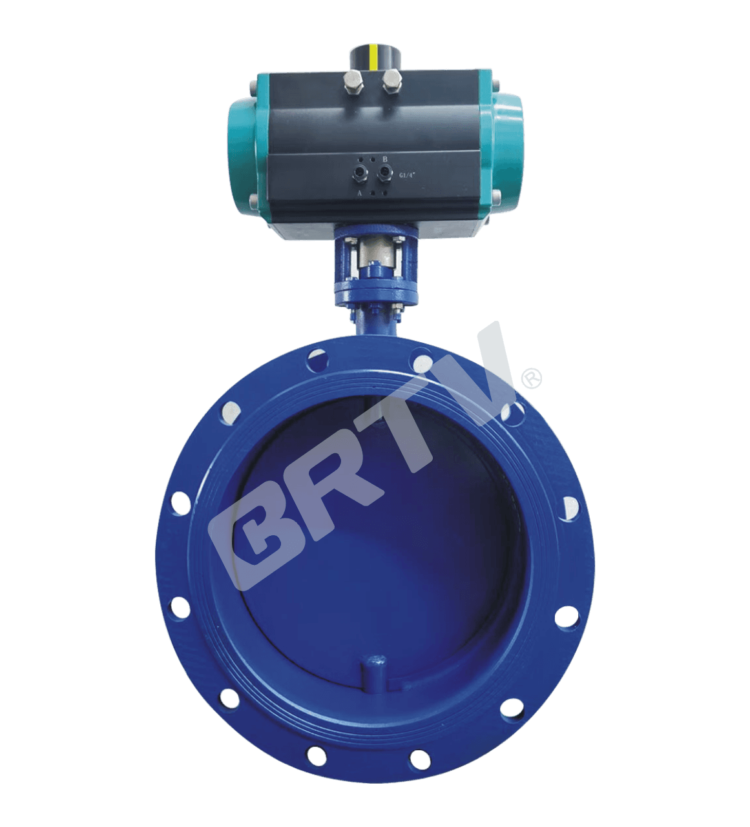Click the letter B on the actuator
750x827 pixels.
[x=385, y=159]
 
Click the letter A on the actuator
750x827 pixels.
[x=360, y=192]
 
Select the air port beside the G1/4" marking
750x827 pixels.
[x=386, y=173]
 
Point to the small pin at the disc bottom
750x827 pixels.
[x=374, y=666]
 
